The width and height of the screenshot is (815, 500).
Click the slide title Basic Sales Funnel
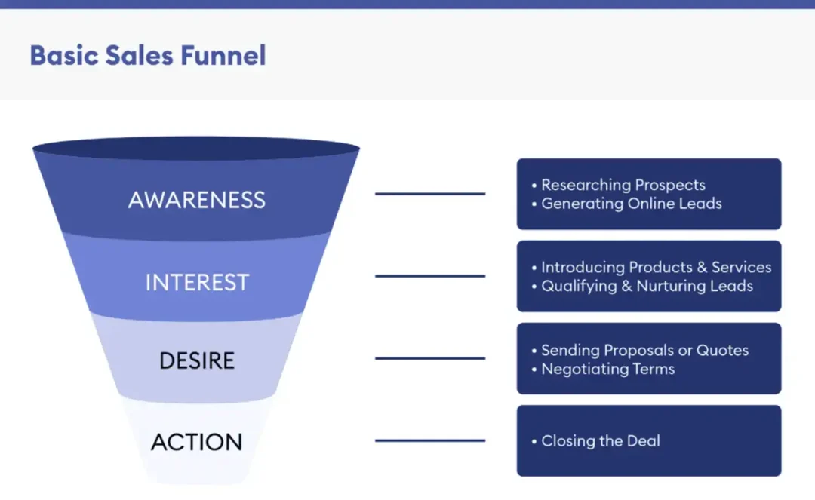coord(148,55)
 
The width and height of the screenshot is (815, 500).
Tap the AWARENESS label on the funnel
coord(197,200)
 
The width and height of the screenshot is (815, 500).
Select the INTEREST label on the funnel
coord(197,282)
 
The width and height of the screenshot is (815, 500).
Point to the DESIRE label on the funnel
coord(197,360)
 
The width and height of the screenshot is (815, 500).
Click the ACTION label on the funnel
coord(197,442)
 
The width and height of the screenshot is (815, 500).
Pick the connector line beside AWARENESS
coord(430,194)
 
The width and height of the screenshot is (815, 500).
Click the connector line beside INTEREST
coord(430,276)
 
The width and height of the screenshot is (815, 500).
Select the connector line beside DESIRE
coord(430,358)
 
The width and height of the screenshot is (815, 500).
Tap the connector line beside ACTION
coord(430,440)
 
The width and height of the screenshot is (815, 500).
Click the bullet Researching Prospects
coord(623,185)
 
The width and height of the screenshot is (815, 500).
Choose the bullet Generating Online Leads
coord(632,204)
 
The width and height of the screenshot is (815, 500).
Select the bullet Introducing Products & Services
coord(656,267)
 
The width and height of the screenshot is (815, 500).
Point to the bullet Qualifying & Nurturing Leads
coord(647,286)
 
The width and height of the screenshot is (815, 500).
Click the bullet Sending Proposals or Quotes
coord(644,350)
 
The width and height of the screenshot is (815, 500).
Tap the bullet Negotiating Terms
coord(607,369)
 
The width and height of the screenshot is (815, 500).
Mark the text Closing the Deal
coord(601,441)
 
